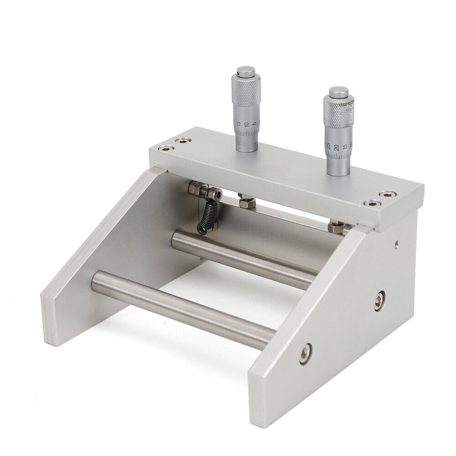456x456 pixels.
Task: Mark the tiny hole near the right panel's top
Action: coord(397,244)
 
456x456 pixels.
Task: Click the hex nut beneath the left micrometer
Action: coord(246,201)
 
